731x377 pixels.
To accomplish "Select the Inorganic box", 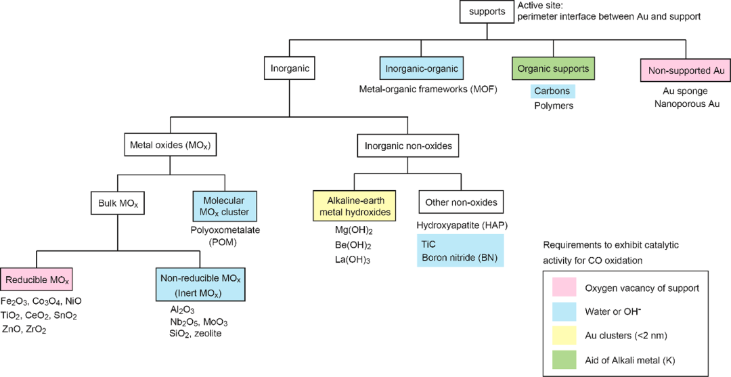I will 290,68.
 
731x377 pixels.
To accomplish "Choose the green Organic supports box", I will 553,68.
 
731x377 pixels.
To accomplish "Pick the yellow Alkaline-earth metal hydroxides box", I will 353,206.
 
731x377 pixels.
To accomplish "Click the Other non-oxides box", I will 461,202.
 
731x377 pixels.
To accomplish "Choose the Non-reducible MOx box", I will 200,284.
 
